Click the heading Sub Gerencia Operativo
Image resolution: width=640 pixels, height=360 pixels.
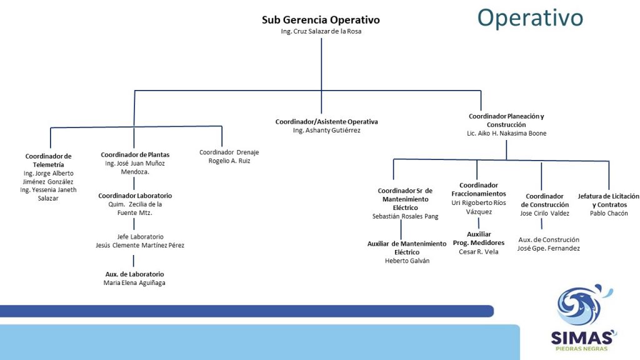pyautogui.click(x=321, y=19)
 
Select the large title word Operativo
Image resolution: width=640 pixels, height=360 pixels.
pyautogui.click(x=530, y=18)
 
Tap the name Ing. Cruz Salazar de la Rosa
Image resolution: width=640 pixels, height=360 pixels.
pyautogui.click(x=321, y=31)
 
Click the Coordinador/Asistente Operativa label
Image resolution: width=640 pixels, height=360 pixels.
pyautogui.click(x=326, y=122)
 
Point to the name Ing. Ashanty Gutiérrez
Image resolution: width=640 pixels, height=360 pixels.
pyautogui.click(x=326, y=130)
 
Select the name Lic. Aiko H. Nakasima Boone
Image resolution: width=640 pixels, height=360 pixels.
pyautogui.click(x=506, y=133)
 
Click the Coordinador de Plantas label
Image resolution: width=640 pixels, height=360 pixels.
pyautogui.click(x=135, y=155)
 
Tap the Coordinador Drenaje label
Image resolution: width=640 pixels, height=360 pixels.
pyautogui.click(x=229, y=152)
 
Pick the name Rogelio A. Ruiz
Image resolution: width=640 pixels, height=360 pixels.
pyautogui.click(x=229, y=161)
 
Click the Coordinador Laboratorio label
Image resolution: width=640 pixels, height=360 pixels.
pyautogui.click(x=135, y=196)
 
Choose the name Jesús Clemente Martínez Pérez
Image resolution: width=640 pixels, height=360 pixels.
pyautogui.click(x=140, y=245)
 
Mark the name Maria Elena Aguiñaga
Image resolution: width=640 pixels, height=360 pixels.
pyautogui.click(x=134, y=283)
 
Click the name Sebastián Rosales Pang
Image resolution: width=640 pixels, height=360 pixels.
pyautogui.click(x=405, y=216)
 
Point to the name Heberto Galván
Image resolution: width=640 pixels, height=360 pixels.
pyautogui.click(x=407, y=261)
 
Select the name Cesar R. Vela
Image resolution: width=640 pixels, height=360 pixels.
pyautogui.click(x=479, y=252)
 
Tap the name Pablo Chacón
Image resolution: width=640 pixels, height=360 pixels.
pyautogui.click(x=609, y=214)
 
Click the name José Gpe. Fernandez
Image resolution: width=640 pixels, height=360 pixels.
pyautogui.click(x=549, y=248)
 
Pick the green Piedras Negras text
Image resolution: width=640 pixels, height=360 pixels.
pyautogui.click(x=582, y=349)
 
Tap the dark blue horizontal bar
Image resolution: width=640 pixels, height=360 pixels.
pyautogui.click(x=246, y=311)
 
